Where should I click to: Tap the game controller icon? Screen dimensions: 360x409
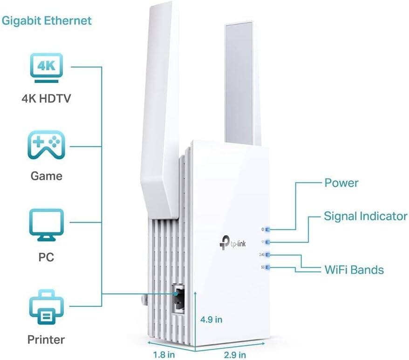47,146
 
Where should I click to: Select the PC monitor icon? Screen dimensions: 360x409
47,225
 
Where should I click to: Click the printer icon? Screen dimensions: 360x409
47,306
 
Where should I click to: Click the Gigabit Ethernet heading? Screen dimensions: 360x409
47,21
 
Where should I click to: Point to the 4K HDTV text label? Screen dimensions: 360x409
46,99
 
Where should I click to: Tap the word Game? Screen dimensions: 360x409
46,176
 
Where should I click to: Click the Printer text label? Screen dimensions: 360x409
46,340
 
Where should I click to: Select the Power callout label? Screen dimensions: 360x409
341,182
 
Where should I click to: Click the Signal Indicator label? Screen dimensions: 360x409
365,216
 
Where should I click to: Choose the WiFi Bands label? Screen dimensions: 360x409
354,270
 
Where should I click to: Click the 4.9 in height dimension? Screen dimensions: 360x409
211,319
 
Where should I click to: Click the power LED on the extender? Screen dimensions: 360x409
268,230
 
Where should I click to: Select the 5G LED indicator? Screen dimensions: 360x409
268,267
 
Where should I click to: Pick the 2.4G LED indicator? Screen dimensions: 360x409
268,255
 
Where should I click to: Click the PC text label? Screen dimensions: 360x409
46,257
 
